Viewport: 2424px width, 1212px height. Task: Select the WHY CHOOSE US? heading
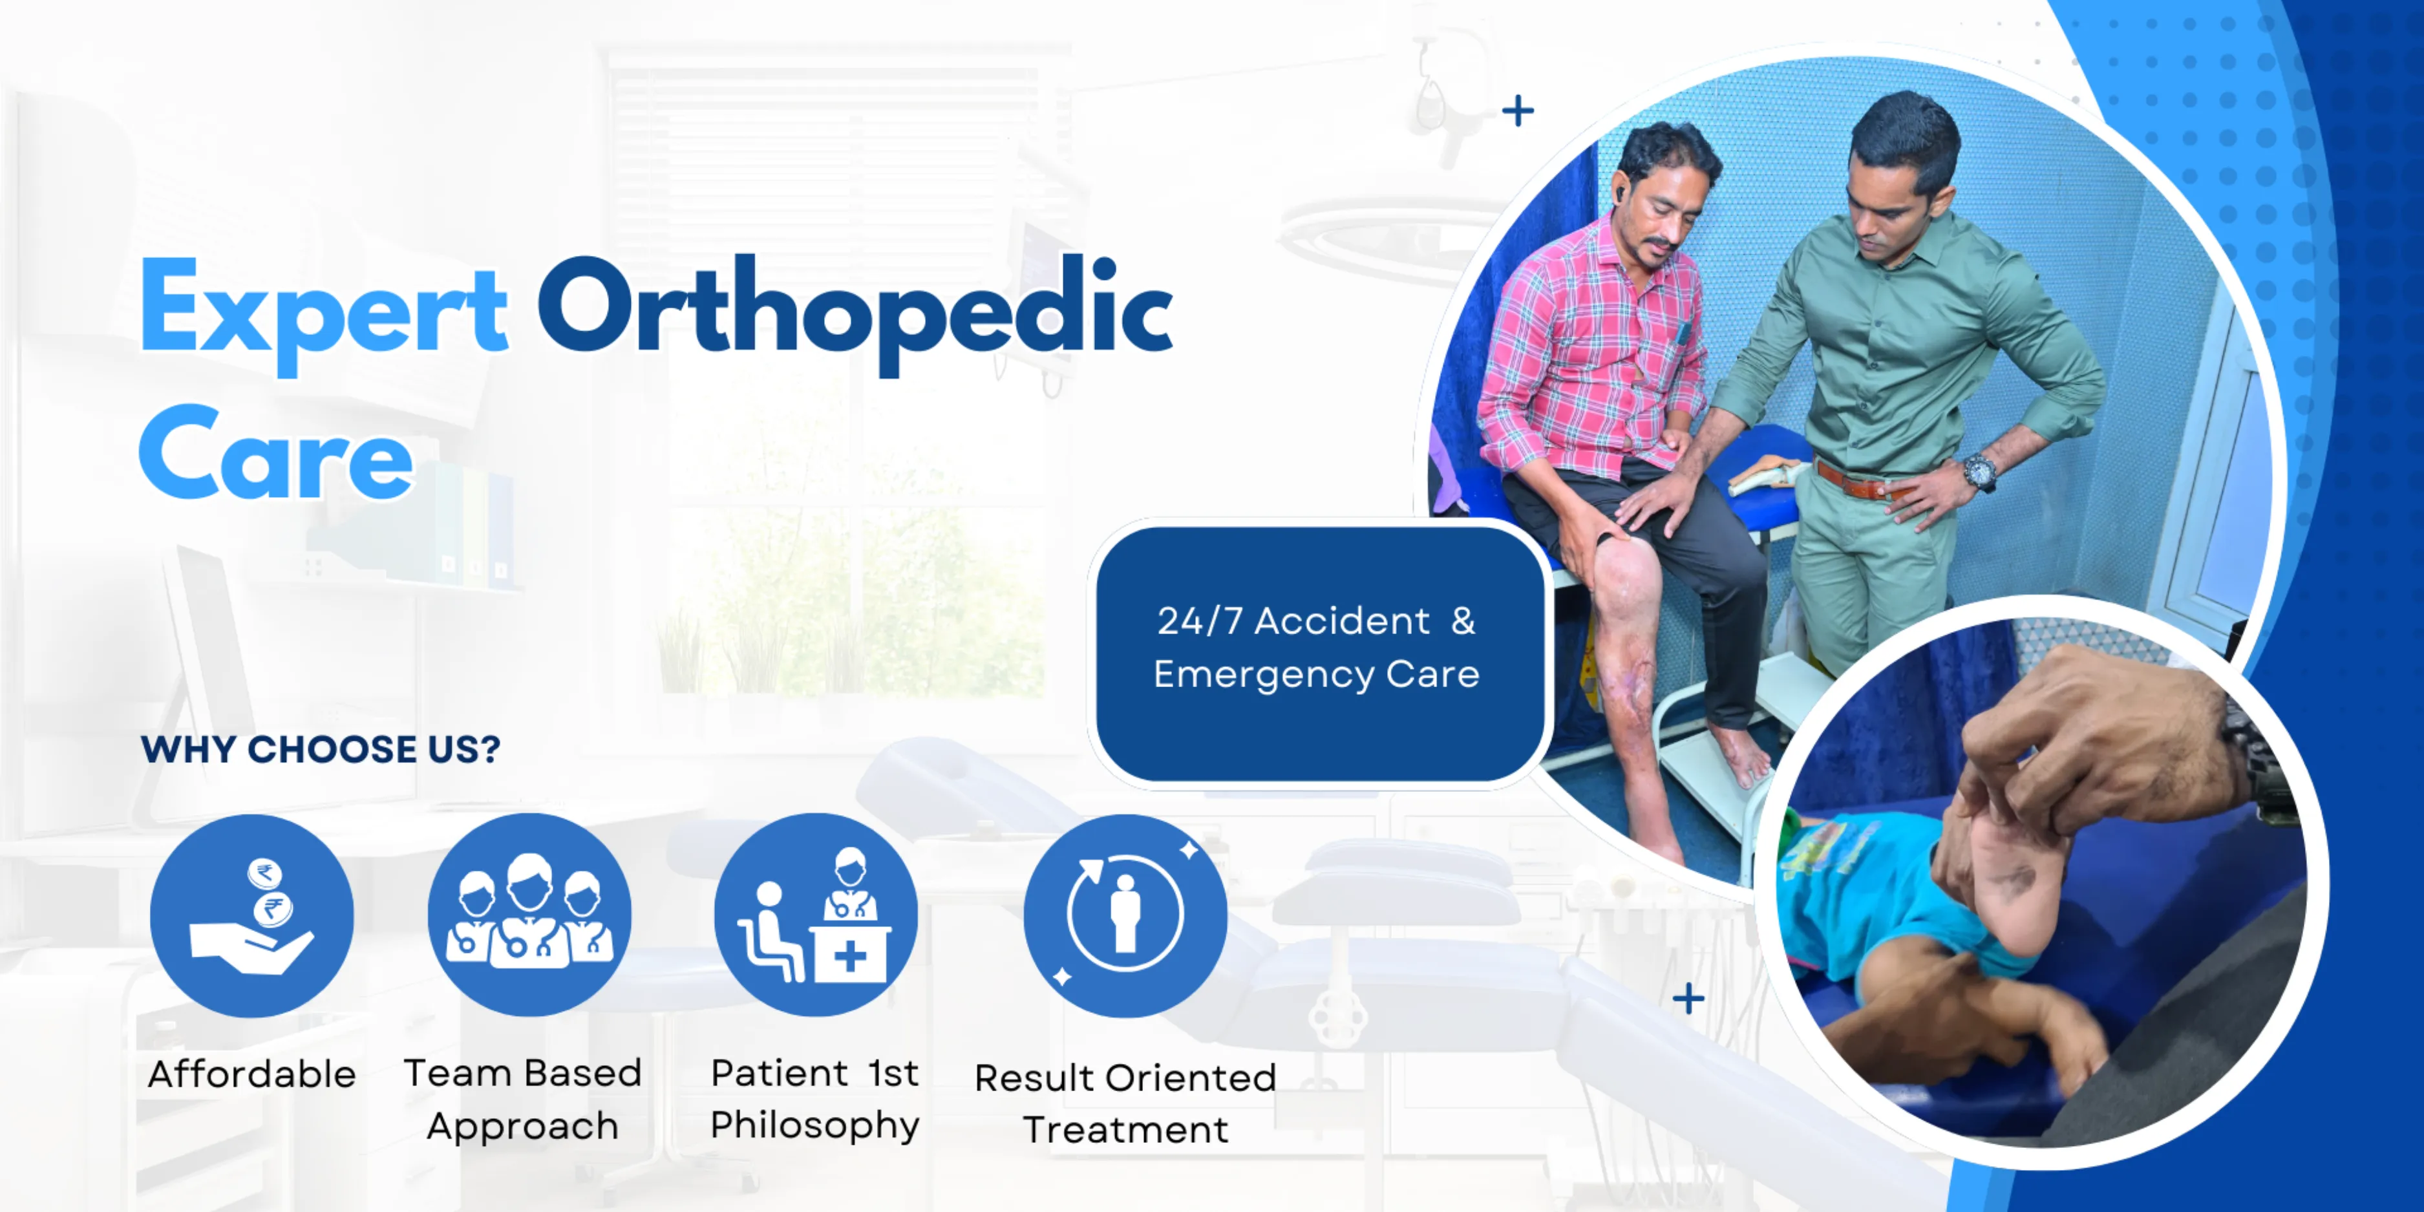pyautogui.click(x=321, y=749)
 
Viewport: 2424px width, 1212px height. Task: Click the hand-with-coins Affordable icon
pyautogui.click(x=252, y=915)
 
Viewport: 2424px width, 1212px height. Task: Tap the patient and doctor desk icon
pyautogui.click(x=816, y=915)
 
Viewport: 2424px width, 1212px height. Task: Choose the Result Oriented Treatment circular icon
pyautogui.click(x=1125, y=915)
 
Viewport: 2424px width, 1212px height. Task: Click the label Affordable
pyautogui.click(x=252, y=1074)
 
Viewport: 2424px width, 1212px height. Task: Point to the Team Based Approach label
pyautogui.click(x=523, y=1099)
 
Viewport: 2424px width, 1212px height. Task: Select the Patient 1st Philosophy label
pyautogui.click(x=815, y=1099)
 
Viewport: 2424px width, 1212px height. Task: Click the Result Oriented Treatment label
pyautogui.click(x=1125, y=1103)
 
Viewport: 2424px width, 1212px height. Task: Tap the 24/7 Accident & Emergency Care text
pyautogui.click(x=1317, y=648)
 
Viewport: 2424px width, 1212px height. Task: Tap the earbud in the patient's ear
pyautogui.click(x=1621, y=195)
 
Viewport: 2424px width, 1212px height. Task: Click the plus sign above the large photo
pyautogui.click(x=1518, y=111)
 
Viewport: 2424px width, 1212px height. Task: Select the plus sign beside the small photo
pyautogui.click(x=1689, y=999)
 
